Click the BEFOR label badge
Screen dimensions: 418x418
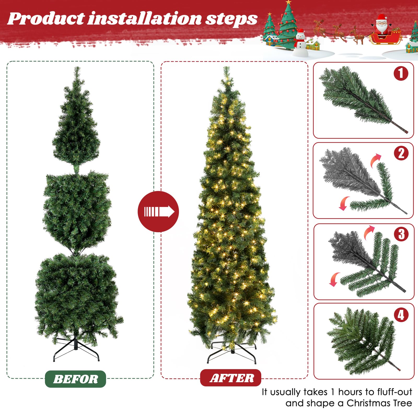coord(76,379)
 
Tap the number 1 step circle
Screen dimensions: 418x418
coord(401,73)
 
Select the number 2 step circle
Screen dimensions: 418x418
coord(401,153)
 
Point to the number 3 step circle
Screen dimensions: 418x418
coord(401,234)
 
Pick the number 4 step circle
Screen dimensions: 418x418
coord(401,315)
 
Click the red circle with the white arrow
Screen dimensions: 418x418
coord(158,211)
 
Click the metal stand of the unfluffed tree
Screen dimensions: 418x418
coord(76,349)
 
